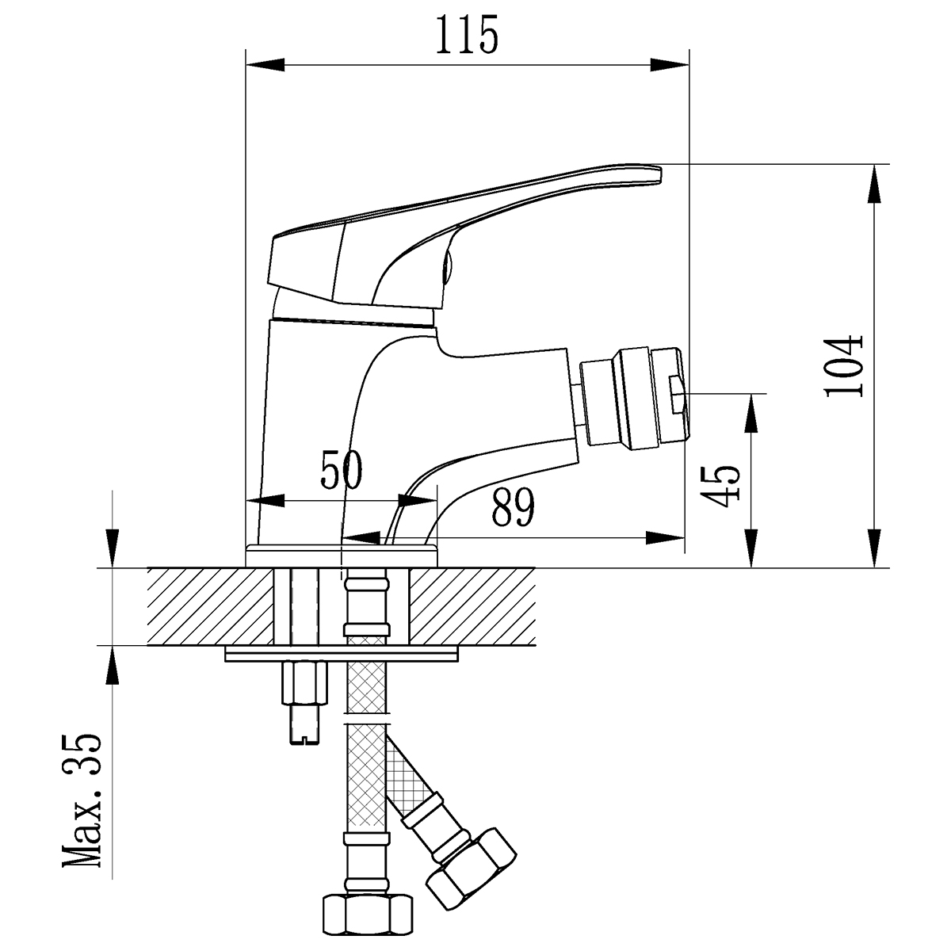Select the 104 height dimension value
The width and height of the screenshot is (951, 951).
point(842,366)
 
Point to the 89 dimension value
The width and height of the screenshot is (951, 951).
point(513,508)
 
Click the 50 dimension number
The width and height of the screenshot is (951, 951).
point(341,471)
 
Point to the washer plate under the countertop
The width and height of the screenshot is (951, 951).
point(342,654)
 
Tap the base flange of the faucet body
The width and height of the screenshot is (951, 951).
point(342,554)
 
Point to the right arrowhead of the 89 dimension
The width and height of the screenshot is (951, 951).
point(666,538)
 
